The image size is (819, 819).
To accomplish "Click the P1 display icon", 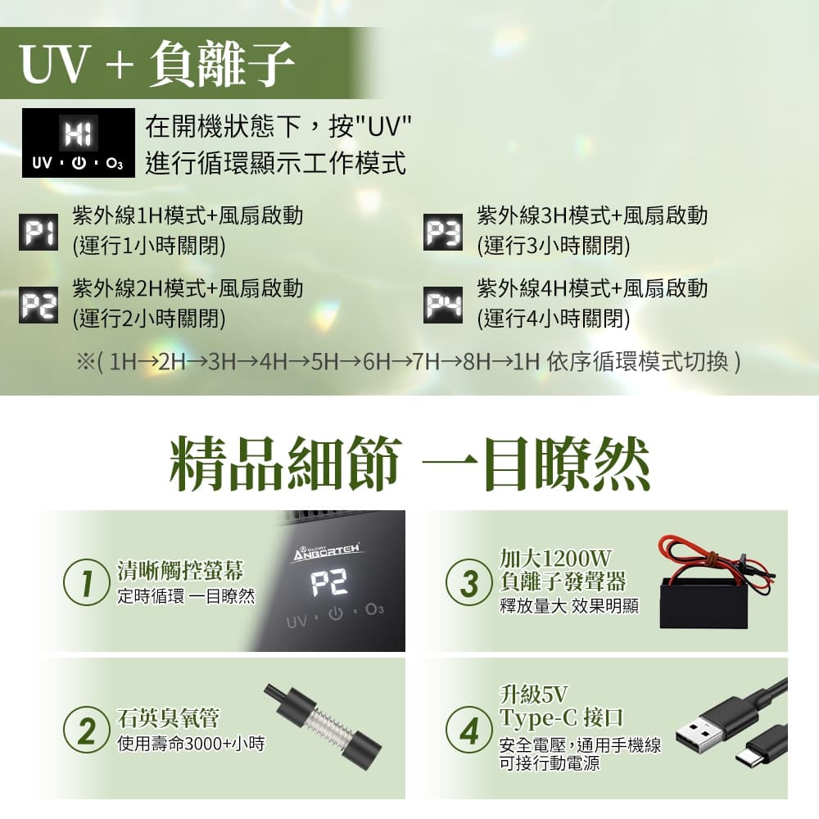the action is [x=38, y=232].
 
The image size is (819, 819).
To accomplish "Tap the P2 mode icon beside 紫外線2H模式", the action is [x=38, y=305].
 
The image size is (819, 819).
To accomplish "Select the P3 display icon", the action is [x=443, y=232].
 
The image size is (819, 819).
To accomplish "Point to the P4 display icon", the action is [x=443, y=305].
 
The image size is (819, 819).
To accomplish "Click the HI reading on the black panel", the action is [x=79, y=133].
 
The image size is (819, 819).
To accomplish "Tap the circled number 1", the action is [x=86, y=582].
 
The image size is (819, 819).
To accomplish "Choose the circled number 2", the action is [x=86, y=730].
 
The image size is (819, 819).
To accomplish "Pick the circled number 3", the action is [x=468, y=582].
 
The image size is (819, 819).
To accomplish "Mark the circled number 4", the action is [x=468, y=730].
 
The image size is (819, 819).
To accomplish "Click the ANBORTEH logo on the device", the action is [x=327, y=551].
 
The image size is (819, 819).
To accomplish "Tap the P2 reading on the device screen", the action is [x=329, y=583].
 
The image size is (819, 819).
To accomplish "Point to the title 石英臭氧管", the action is [x=168, y=718].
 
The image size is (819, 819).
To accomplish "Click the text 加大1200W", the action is [x=555, y=559].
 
